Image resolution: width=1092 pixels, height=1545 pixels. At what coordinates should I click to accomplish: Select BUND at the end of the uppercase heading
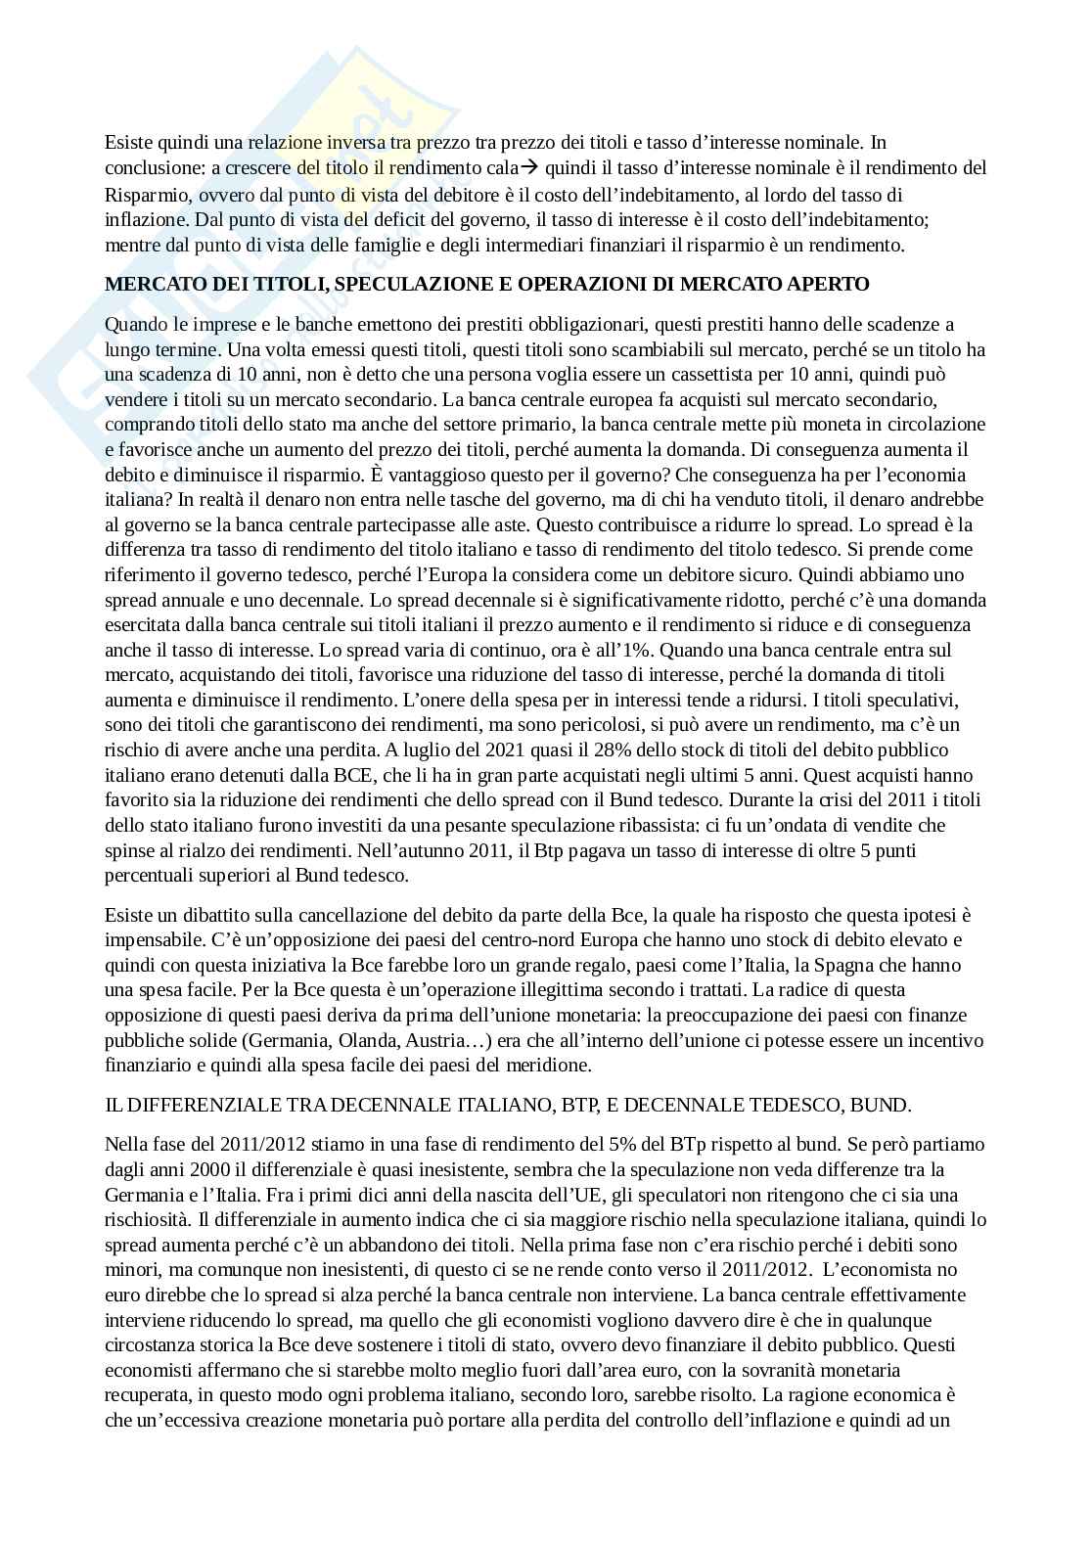(x=884, y=1106)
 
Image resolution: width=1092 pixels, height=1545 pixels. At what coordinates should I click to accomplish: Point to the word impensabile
(x=151, y=940)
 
